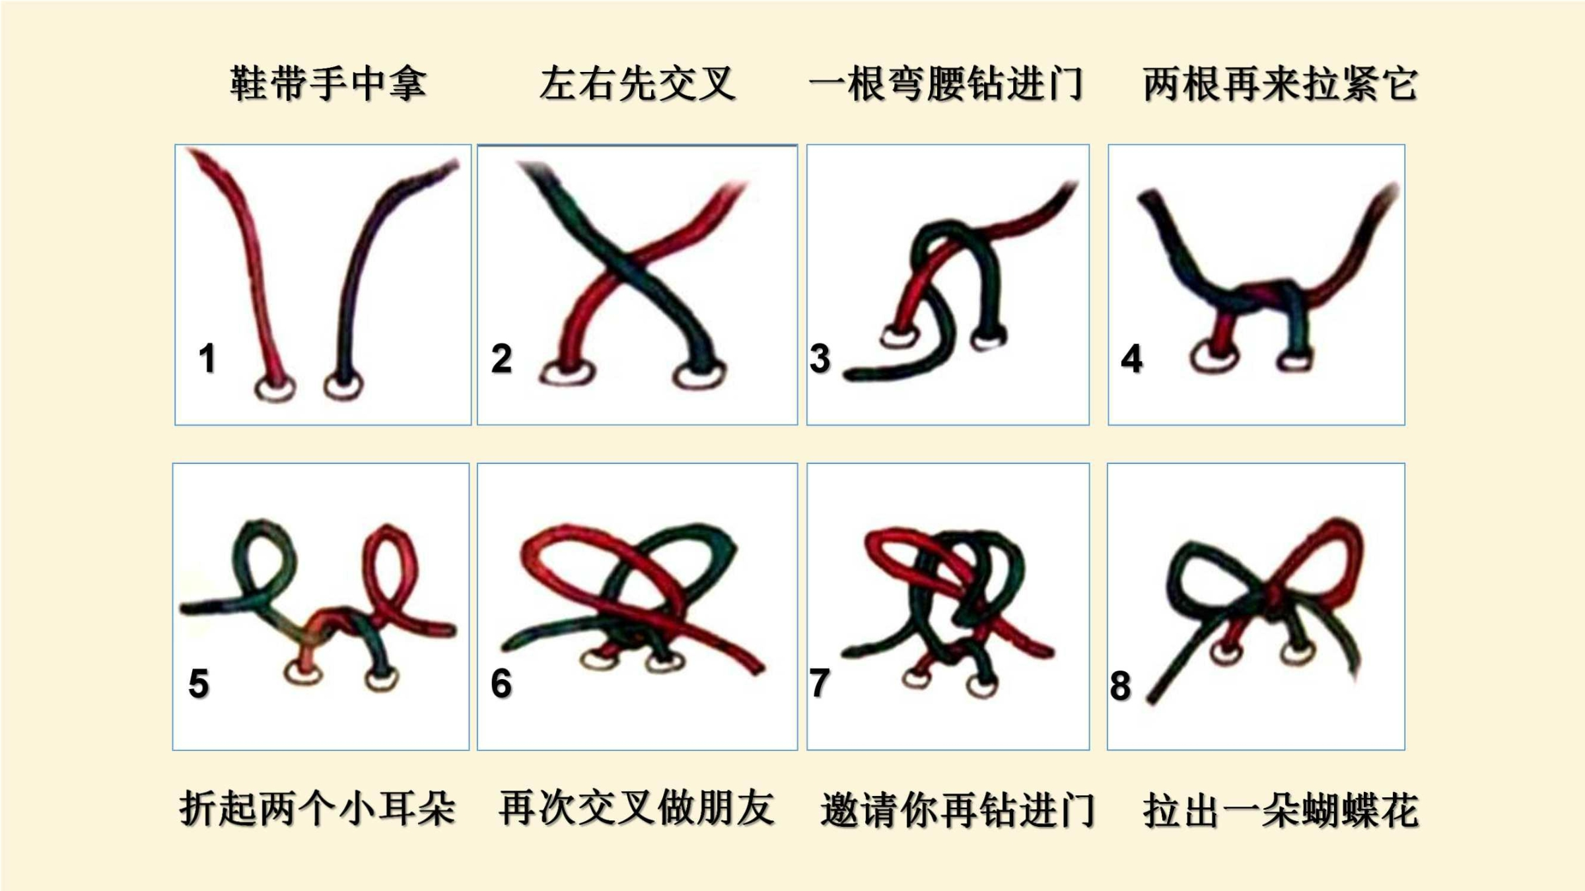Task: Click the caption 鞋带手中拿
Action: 328,84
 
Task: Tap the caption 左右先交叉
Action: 637,84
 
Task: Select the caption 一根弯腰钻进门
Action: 946,84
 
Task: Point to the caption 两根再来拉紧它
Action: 1280,84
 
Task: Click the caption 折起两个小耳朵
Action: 317,808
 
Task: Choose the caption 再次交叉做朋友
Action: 637,808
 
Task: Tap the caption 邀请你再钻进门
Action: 957,809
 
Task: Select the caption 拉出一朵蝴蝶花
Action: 1281,809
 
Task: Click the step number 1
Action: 207,358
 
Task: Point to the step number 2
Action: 501,358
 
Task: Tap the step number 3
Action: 820,358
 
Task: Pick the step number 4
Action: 1131,358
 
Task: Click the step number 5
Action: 199,683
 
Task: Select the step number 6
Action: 501,683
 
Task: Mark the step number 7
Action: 820,683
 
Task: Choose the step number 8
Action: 1120,686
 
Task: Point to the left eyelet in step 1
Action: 257,389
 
